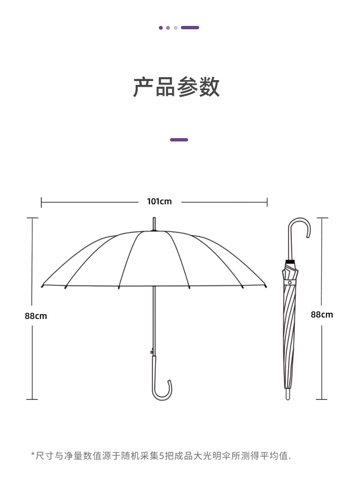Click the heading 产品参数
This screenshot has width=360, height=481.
(176, 87)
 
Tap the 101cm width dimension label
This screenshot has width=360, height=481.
(159, 201)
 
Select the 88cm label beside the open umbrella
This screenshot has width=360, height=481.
(36, 316)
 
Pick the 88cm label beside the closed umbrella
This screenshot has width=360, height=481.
(322, 315)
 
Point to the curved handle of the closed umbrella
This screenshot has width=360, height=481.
(300, 227)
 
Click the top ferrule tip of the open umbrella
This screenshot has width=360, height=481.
(154, 224)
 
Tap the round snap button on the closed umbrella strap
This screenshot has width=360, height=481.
(289, 283)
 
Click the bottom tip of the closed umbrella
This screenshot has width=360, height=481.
(288, 395)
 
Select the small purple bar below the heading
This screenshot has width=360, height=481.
(179, 140)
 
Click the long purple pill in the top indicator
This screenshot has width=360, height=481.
(190, 28)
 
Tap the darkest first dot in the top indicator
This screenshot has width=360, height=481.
(161, 28)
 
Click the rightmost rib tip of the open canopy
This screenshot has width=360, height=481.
(266, 286)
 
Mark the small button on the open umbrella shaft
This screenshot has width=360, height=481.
(152, 352)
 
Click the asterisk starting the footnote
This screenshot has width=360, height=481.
(33, 454)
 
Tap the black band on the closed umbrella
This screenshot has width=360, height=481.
(290, 263)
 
